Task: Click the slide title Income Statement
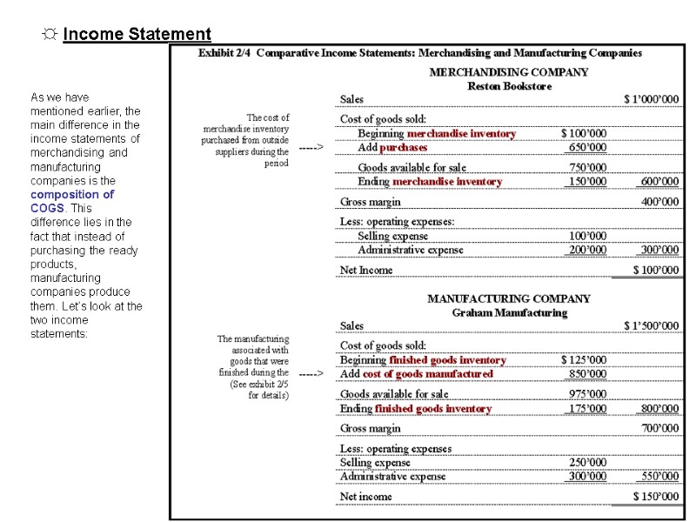pyautogui.click(x=137, y=35)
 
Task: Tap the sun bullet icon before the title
pyautogui.click(x=50, y=35)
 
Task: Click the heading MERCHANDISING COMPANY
pyautogui.click(x=509, y=72)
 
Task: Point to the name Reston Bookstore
pyautogui.click(x=509, y=85)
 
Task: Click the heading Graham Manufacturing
pyautogui.click(x=509, y=312)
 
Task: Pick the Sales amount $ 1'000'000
pyautogui.click(x=651, y=99)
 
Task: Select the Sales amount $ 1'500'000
pyautogui.click(x=651, y=325)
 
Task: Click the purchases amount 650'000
pyautogui.click(x=588, y=147)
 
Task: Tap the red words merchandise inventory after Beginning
pyautogui.click(x=461, y=134)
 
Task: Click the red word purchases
pyautogui.click(x=403, y=147)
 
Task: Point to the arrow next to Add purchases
pyautogui.click(x=311, y=147)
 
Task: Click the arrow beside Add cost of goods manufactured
pyautogui.click(x=311, y=374)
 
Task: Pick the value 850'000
pyautogui.click(x=588, y=374)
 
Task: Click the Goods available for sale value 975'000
pyautogui.click(x=588, y=394)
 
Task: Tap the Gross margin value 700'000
pyautogui.click(x=659, y=428)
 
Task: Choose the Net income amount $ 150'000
pyautogui.click(x=655, y=497)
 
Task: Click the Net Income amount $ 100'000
pyautogui.click(x=655, y=270)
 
